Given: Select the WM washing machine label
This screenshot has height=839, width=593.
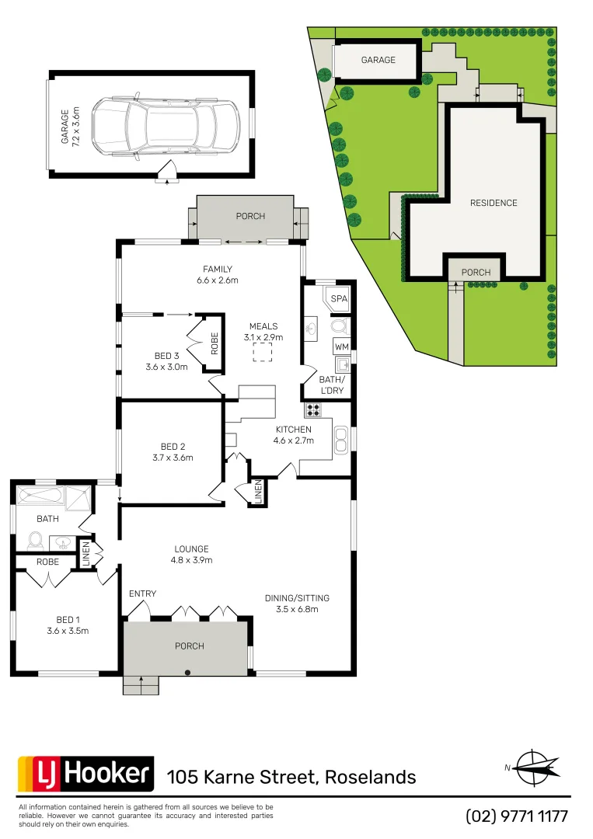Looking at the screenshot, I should pos(341,345).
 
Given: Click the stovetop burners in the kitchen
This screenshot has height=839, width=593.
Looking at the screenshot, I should pos(313,410).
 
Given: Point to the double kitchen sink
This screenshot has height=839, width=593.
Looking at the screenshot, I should pos(340,440).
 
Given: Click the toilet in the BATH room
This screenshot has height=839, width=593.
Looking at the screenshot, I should pos(33,539).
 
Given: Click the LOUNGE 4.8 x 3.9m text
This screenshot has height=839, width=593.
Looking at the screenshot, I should pos(191,554).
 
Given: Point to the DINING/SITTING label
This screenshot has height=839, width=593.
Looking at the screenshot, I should pos(297,603).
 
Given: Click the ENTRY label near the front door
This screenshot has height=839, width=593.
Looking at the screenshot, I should pos(143,594).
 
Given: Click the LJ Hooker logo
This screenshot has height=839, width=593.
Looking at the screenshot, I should pos(85,774).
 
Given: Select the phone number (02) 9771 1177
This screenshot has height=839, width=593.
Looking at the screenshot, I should pos(517,816).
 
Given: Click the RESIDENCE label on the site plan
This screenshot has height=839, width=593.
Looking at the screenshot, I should pos(494,203).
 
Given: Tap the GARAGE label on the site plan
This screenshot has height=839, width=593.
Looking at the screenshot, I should pos(378,60).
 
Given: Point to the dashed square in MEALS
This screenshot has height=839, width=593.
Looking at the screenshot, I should pos(263,353).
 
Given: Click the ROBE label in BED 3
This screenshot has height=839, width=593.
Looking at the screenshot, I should pos(214,343).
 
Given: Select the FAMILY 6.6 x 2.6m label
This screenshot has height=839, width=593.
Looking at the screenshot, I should pos(218,275).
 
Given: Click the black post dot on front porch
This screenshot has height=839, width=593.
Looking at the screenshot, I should pos(187,673).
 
